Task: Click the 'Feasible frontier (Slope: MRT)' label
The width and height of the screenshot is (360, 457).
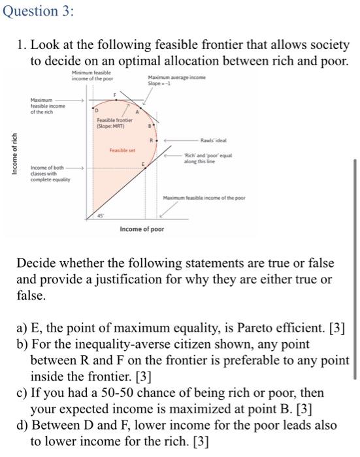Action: point(114,123)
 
